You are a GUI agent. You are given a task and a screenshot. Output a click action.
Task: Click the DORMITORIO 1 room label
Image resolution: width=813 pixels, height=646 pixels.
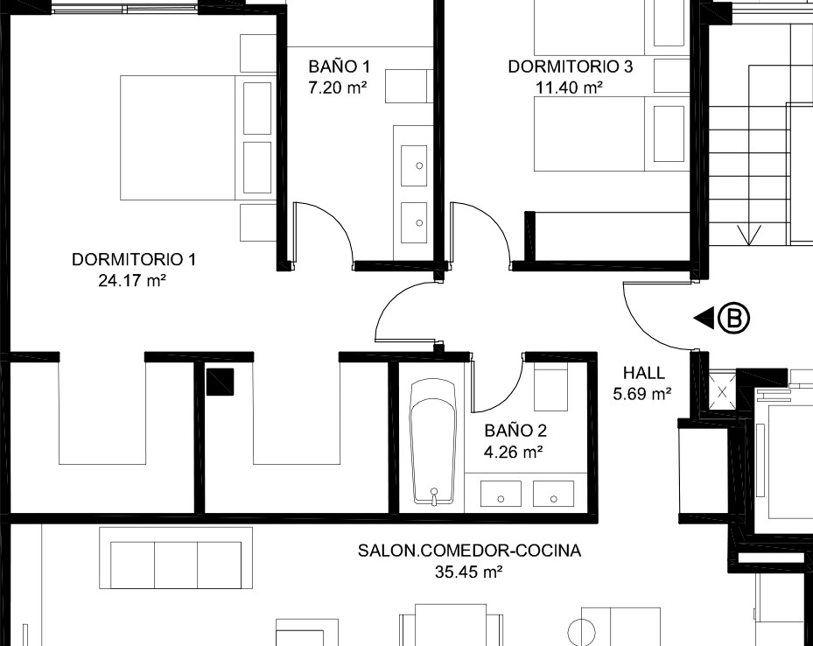coord(134,259)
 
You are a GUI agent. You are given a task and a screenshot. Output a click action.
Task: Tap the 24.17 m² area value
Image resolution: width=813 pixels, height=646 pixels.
coord(132,280)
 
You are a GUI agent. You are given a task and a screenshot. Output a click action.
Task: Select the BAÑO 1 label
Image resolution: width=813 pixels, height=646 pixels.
coord(340,67)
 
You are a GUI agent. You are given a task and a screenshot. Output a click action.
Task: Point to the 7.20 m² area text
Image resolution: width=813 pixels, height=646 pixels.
coord(338,88)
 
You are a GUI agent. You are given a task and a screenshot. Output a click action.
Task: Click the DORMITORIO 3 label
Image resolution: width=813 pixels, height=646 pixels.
coord(571,67)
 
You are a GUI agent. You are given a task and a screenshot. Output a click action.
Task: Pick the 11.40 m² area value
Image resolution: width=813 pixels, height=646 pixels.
coord(569,88)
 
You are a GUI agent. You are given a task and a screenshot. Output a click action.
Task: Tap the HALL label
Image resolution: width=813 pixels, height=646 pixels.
coord(644,373)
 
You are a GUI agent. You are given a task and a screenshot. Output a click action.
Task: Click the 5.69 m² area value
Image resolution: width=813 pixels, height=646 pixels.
coord(642,394)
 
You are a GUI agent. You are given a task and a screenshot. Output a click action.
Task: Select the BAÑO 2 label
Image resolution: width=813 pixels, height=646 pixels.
coord(515,431)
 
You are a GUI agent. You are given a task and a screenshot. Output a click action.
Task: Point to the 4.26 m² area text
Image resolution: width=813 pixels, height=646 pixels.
coord(514,452)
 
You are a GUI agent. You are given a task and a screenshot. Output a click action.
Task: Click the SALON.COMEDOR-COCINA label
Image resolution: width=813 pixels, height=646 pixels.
coord(469,550)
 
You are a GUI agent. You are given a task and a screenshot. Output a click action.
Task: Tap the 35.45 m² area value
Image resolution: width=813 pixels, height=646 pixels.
coord(469,572)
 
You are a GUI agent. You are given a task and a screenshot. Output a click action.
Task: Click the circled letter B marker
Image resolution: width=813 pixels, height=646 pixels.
coord(734,317)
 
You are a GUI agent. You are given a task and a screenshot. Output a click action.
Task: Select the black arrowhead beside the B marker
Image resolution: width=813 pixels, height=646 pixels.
coord(704,317)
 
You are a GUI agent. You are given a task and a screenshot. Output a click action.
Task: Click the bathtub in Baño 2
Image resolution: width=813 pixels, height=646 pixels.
coord(433,443)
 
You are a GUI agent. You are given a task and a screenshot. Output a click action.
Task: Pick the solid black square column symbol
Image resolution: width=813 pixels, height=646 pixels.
coord(220,382)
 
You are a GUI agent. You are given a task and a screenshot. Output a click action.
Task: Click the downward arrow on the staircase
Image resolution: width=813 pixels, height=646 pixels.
coord(749,235)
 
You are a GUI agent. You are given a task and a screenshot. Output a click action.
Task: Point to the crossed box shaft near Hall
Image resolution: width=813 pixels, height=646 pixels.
coord(722,391)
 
